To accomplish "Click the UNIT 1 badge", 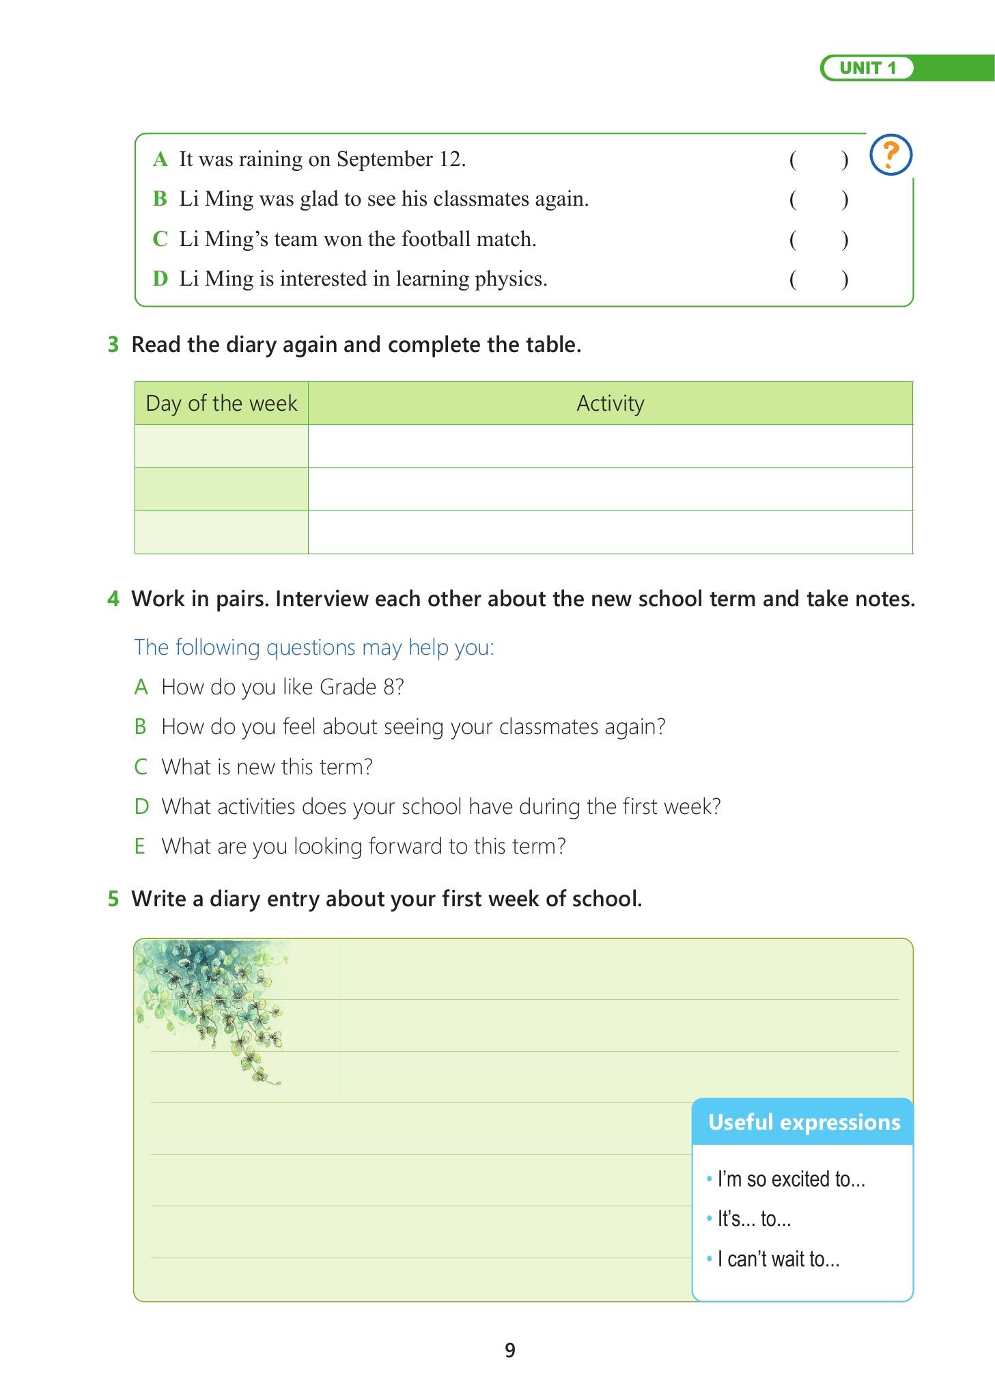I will coord(867,68).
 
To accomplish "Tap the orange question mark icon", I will coord(891,154).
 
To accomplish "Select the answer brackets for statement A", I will coord(818,160).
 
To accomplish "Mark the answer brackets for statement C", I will coord(818,240).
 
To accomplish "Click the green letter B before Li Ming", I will coord(160,199).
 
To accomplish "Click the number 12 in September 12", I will coord(451,159).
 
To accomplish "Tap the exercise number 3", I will coord(113,344).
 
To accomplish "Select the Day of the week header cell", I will coord(221,403).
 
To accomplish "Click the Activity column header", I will coord(610,403).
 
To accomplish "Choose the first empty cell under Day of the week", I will coord(221,446).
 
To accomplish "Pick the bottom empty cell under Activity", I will coord(610,532).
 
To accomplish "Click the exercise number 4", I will coord(113,599).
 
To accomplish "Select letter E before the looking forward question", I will coord(140,846).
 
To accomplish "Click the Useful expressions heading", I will coord(804,1122).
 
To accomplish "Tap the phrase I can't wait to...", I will coord(778,1259).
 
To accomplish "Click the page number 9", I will coord(509,1350).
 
